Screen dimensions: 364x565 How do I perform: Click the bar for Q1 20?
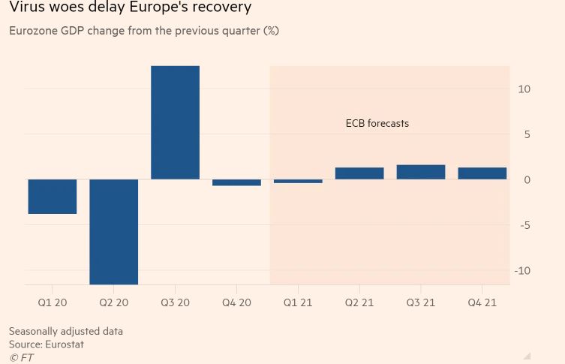(53, 197)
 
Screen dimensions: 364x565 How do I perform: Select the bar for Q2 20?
(114, 231)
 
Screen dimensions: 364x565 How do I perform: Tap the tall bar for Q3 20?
(175, 122)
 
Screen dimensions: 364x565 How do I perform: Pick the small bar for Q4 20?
(236, 182)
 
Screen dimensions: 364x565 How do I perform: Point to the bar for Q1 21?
(298, 181)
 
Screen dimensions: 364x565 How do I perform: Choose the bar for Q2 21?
(359, 173)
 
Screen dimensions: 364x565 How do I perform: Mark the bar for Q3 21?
(421, 172)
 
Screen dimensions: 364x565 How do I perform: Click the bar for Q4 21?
(482, 173)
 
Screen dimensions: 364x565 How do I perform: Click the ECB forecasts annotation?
(377, 123)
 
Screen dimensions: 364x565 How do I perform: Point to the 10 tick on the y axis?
(524, 89)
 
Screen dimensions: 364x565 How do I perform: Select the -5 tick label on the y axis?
(524, 225)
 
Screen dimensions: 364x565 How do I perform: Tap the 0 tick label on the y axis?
(527, 180)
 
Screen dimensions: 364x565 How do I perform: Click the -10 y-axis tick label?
(522, 270)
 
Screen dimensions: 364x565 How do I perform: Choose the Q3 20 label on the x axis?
(175, 302)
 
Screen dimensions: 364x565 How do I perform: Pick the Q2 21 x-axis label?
(359, 302)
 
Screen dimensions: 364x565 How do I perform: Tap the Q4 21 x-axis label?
(482, 302)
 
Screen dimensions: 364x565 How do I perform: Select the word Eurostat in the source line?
(65, 344)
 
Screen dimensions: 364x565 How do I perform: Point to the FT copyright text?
(22, 358)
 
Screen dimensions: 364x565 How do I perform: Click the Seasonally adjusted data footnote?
(66, 331)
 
